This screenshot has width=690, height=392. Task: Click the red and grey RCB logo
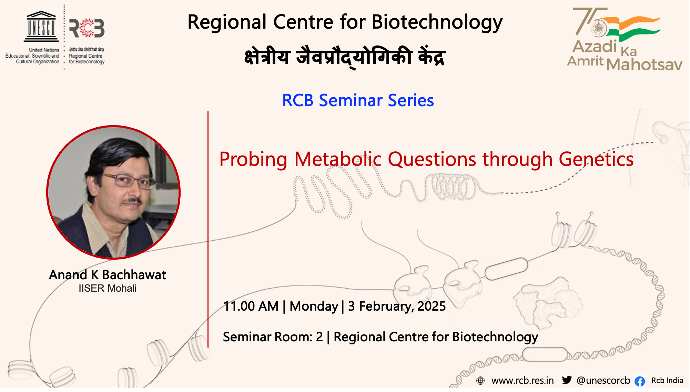coord(87,28)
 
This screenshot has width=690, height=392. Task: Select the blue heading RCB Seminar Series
coord(358,100)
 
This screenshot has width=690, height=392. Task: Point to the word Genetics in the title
coord(596,159)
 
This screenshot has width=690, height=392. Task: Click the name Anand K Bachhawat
coord(108,275)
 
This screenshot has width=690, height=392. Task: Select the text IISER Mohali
coord(108,288)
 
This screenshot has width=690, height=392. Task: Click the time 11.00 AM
coord(251,306)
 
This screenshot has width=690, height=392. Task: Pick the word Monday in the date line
coord(314,306)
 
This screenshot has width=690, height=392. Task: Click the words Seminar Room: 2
coord(273,337)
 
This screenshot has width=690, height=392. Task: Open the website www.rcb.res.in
coord(522,381)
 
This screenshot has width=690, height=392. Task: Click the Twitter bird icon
coord(567,380)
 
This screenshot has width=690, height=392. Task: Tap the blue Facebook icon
coord(640,381)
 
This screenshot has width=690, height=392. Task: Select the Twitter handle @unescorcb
coord(603,381)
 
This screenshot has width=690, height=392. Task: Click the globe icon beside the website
coord(480,381)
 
